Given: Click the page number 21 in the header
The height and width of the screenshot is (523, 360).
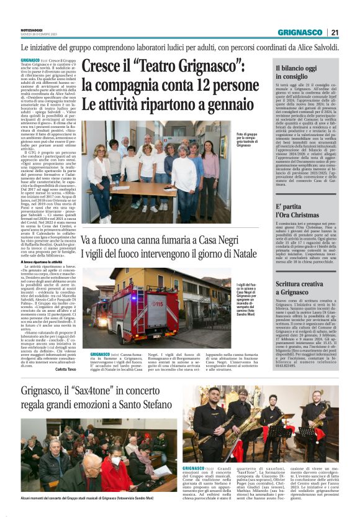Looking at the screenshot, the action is point(335,32).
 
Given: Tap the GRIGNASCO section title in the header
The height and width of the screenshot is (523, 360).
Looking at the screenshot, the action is point(300,32).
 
